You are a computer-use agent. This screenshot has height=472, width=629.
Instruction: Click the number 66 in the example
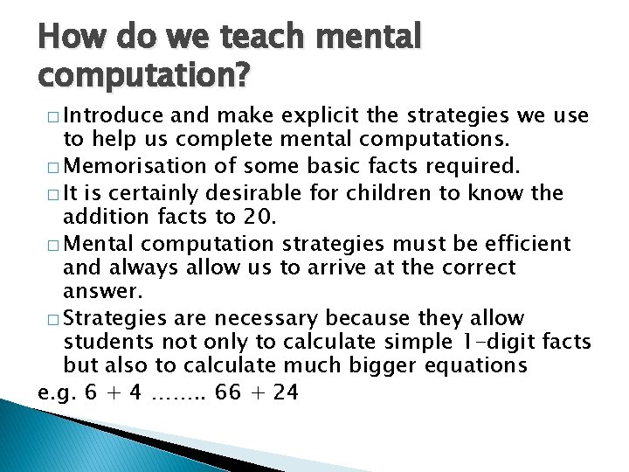(x=227, y=392)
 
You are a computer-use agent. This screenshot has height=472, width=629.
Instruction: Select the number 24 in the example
(x=285, y=392)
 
